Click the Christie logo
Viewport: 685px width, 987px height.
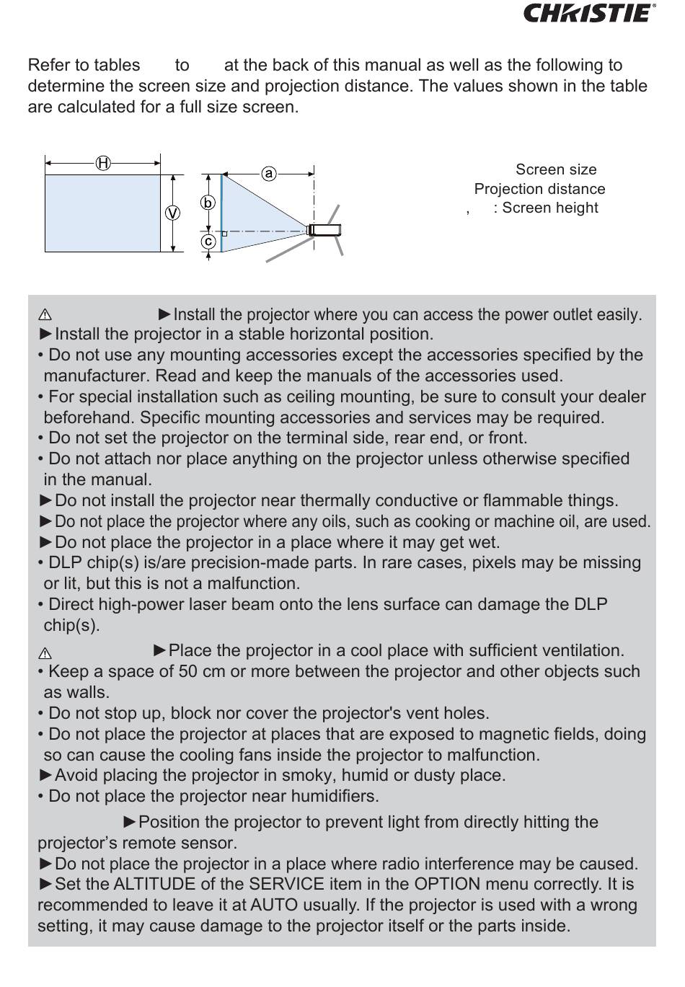[589, 13]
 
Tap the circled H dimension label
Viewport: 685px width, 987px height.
[103, 163]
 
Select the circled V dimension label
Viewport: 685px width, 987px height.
[173, 213]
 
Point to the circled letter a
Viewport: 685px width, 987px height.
[268, 173]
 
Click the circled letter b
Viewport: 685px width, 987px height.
[208, 203]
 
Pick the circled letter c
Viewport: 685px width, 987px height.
[208, 241]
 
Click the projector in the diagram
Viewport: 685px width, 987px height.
[324, 230]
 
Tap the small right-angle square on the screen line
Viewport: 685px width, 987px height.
[224, 234]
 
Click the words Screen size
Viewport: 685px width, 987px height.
[556, 169]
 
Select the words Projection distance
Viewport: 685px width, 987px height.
[539, 189]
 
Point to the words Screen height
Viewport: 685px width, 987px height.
[550, 208]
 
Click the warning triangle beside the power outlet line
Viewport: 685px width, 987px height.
[45, 315]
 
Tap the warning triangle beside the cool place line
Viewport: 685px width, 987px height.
[45, 654]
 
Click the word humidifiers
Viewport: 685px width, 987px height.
[335, 796]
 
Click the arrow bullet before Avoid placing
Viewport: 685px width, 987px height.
[45, 775]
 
